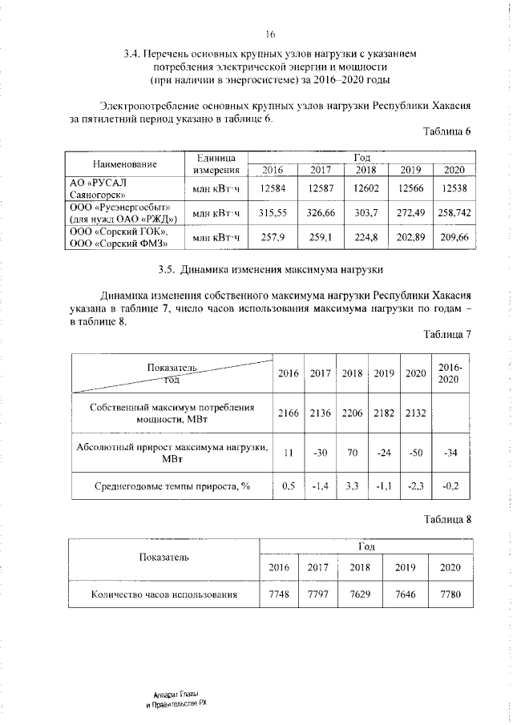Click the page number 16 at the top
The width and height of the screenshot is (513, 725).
point(270,34)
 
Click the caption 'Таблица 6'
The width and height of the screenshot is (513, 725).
point(446,131)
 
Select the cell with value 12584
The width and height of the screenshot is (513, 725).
point(273,187)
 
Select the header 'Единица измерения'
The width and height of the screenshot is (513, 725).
point(216,163)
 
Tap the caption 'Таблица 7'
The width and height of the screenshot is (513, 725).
point(446,334)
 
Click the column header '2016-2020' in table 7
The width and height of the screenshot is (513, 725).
point(450,373)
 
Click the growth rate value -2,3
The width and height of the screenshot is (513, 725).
point(415,485)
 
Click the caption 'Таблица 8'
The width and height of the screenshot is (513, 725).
point(446,519)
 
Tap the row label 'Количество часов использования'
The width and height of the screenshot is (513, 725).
point(164,594)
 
